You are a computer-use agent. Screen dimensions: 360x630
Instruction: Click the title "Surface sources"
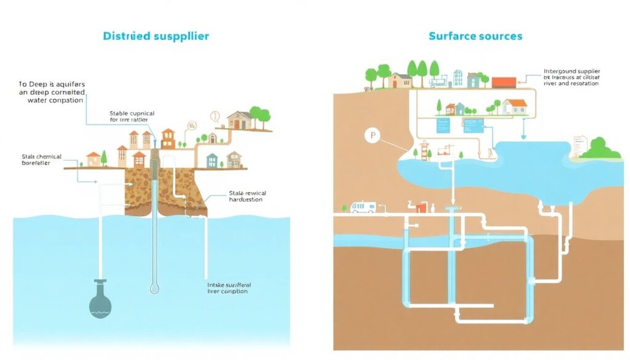tap(475, 36)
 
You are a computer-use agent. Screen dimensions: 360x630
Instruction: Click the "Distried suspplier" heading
tap(156, 36)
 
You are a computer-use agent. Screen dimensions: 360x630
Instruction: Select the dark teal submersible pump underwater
tap(101, 300)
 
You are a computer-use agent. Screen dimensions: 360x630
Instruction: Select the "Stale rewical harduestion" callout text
tap(245, 196)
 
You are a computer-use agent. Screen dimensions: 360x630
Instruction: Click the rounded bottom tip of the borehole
tap(154, 288)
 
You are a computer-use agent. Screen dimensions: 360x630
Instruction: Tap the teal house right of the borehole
tap(212, 161)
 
